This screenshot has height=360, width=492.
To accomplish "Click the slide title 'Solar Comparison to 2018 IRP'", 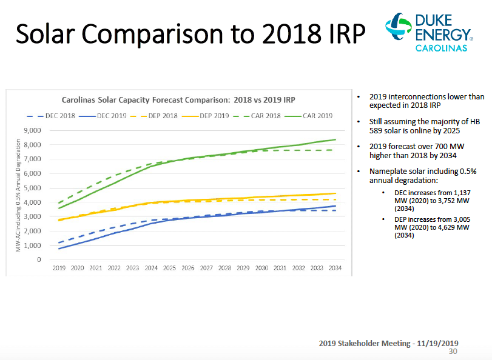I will click(190, 35).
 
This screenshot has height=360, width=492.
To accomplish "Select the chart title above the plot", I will click(183, 99).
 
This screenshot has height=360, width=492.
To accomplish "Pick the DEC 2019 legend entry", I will click(104, 116).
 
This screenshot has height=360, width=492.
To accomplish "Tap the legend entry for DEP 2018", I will click(153, 116).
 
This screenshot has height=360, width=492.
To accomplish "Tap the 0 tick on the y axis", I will click(38, 259).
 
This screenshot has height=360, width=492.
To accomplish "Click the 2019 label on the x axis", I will click(59, 267).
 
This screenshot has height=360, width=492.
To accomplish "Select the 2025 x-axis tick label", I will click(169, 267).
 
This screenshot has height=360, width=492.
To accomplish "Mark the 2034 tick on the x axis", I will click(335, 267).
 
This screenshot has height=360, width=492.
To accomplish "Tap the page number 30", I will click(453, 352).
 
